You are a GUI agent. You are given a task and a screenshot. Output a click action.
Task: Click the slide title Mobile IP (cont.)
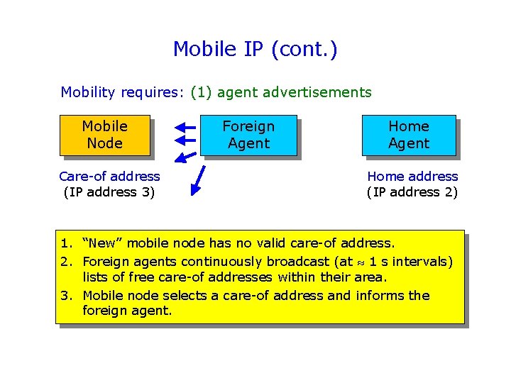255,49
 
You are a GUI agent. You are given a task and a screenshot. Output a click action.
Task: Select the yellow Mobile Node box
104,135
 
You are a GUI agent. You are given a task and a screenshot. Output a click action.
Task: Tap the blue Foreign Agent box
248,135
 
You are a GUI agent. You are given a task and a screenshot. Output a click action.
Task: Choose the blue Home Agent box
409,135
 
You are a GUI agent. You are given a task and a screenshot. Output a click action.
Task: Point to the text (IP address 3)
109,192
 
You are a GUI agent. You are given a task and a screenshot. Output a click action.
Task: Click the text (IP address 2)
412,192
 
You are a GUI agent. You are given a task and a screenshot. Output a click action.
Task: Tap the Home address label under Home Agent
412,176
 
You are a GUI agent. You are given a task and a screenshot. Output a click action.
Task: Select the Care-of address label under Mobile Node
109,176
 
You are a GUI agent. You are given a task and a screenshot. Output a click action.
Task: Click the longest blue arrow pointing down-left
198,179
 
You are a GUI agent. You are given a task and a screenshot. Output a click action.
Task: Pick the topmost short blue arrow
185,127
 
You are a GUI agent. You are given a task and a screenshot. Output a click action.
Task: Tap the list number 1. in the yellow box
65,244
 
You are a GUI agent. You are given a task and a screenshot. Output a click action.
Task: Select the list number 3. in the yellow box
65,295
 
